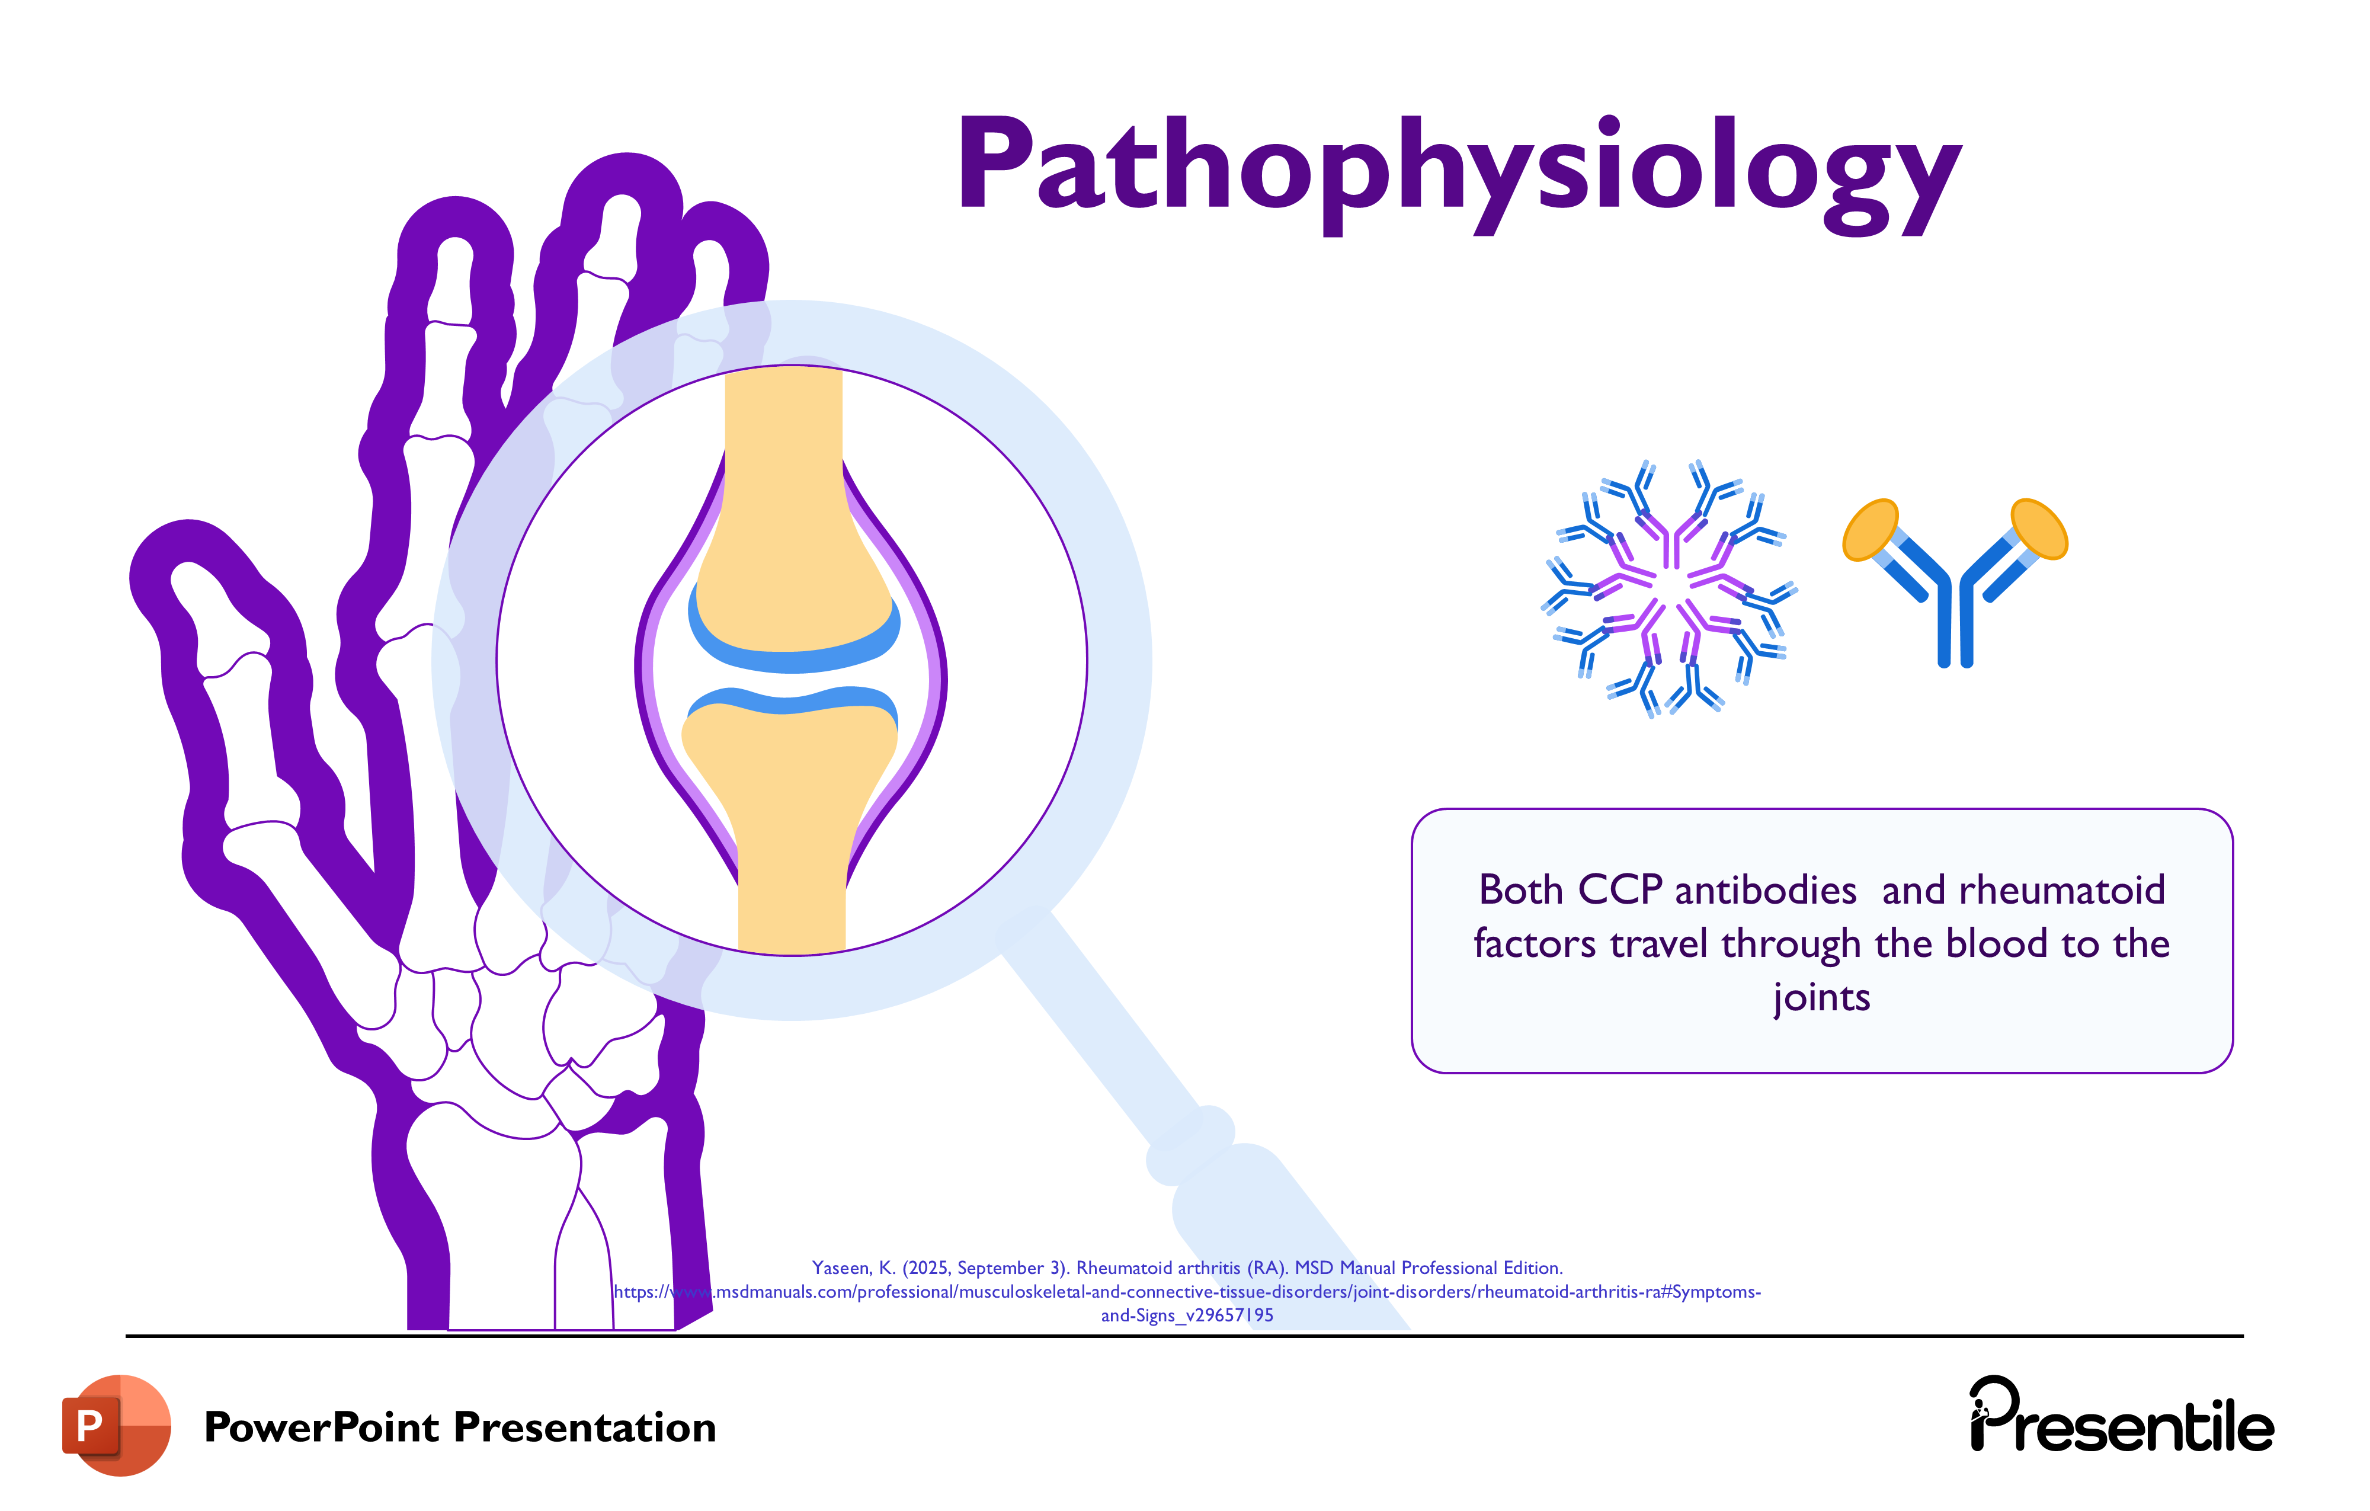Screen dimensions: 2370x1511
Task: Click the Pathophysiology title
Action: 1459,167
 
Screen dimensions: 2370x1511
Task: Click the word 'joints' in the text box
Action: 1821,997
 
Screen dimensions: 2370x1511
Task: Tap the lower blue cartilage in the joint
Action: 790,701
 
